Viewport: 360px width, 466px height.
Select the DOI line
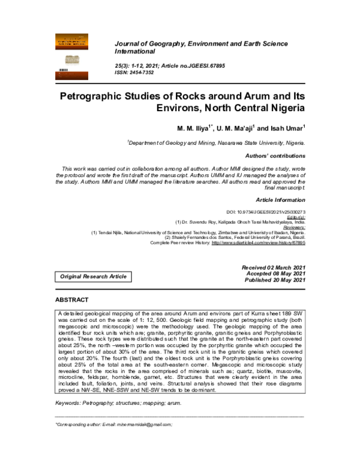266,213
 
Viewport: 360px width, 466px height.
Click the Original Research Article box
93,276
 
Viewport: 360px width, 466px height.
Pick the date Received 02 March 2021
273,267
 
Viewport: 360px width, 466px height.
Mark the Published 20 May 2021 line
274,280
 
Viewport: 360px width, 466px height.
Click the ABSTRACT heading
72,300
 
